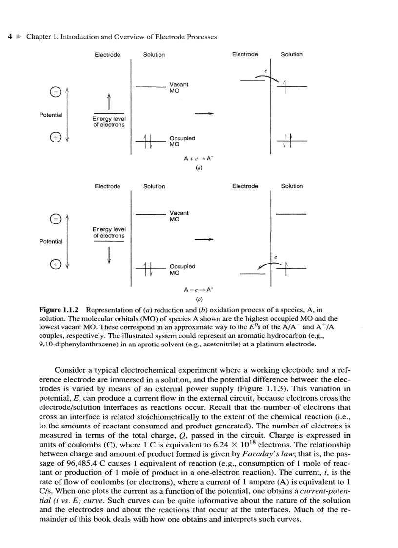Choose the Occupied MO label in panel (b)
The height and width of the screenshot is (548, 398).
tap(181, 270)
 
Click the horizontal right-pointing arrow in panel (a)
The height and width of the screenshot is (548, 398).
tap(204, 114)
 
